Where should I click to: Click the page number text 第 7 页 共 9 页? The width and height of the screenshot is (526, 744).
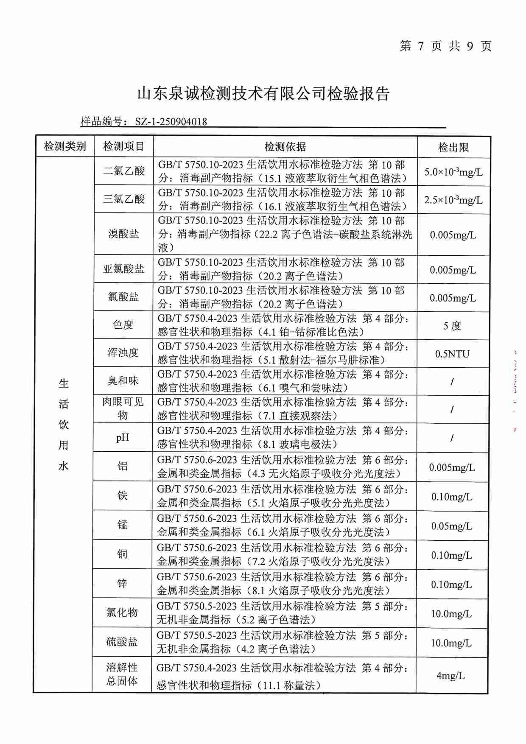pyautogui.click(x=445, y=46)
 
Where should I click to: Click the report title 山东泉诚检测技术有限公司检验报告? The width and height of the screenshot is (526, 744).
pyautogui.click(x=263, y=94)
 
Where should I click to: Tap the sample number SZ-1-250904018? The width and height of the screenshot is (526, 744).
pyautogui.click(x=171, y=122)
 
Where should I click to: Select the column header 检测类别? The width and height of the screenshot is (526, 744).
pyautogui.click(x=65, y=147)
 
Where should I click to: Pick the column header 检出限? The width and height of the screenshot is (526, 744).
pyautogui.click(x=453, y=147)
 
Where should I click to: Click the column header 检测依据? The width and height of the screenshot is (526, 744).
pyautogui.click(x=285, y=147)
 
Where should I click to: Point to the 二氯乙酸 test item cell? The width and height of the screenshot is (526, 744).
pyautogui.click(x=124, y=171)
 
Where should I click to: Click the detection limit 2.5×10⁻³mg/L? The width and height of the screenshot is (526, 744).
pyautogui.click(x=453, y=200)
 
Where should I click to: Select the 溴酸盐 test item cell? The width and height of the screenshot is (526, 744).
pyautogui.click(x=123, y=234)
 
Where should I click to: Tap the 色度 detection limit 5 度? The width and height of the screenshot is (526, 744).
pyautogui.click(x=452, y=326)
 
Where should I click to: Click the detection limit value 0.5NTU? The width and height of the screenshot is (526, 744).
pyautogui.click(x=452, y=354)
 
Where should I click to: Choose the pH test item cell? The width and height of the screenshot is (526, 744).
pyautogui.click(x=123, y=437)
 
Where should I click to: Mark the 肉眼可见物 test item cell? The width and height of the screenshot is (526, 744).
pyautogui.click(x=123, y=408)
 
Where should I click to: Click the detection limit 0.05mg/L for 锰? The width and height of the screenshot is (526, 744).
pyautogui.click(x=452, y=526)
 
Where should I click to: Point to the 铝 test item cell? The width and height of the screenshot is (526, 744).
pyautogui.click(x=123, y=466)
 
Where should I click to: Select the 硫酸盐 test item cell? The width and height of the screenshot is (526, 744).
pyautogui.click(x=122, y=642)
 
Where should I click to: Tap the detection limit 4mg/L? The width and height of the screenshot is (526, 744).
pyautogui.click(x=450, y=676)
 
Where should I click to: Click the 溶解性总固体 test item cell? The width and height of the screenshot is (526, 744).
pyautogui.click(x=122, y=674)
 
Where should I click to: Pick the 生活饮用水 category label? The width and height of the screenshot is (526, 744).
pyautogui.click(x=64, y=425)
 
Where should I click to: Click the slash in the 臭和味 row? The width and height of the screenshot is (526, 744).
pyautogui.click(x=452, y=382)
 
